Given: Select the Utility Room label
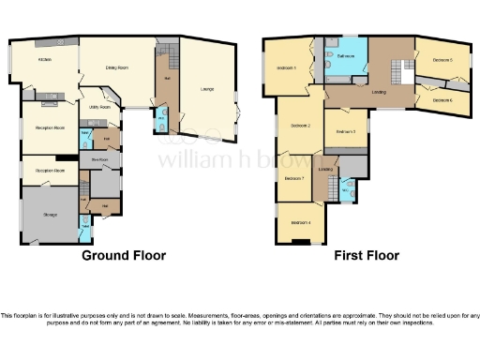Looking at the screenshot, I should (99, 108).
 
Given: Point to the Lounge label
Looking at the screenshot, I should (206, 88).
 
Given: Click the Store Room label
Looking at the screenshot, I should (100, 160).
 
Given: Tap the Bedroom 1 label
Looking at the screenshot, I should (287, 68).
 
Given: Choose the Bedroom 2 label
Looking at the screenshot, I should (300, 126).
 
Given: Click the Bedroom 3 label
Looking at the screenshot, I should (345, 132).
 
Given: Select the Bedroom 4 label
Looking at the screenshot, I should (300, 223).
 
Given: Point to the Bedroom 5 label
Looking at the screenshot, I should (442, 60).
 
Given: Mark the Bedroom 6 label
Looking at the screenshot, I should (442, 100).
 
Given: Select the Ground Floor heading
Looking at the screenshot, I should (124, 255).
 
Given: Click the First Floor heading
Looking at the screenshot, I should (366, 255).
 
